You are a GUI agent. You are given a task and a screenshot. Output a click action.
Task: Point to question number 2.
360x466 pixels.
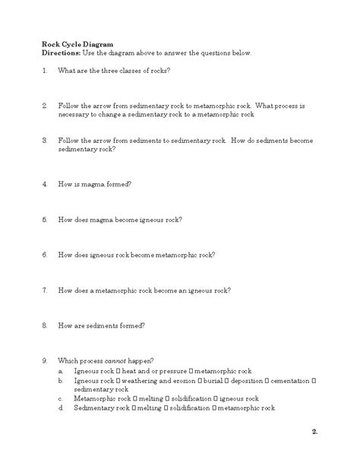(x=45, y=106)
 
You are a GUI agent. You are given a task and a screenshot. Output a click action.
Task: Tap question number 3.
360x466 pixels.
(x=45, y=141)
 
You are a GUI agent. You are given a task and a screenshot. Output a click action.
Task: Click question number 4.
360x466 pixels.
(x=45, y=184)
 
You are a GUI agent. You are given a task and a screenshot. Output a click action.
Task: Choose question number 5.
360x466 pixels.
(x=45, y=219)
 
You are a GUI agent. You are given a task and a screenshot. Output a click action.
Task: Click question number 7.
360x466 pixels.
(x=45, y=290)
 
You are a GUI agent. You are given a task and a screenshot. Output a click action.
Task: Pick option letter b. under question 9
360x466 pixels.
(x=60, y=379)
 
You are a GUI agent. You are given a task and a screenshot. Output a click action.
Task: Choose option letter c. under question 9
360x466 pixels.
(x=60, y=398)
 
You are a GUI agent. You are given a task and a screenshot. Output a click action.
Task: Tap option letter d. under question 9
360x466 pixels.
(x=60, y=407)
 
